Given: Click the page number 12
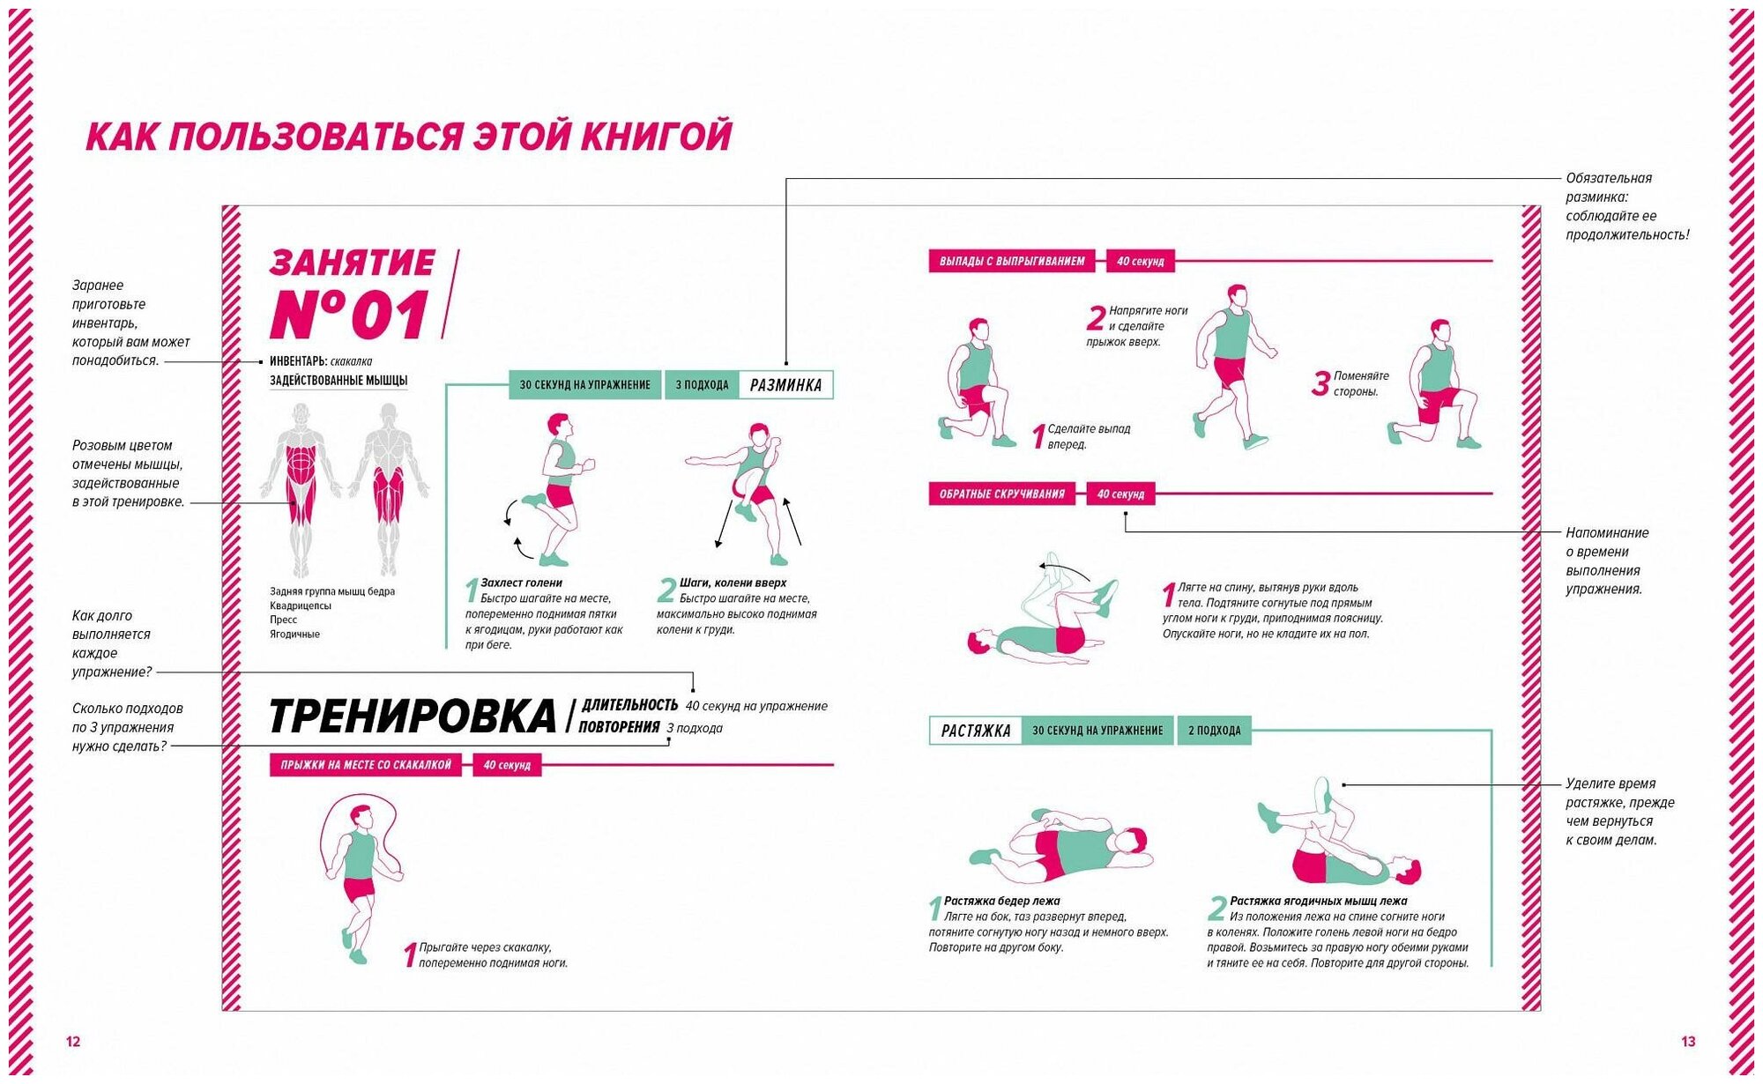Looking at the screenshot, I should pyautogui.click(x=73, y=1042).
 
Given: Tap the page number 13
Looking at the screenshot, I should pyautogui.click(x=1688, y=1042).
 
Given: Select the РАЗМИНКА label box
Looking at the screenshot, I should pyautogui.click(x=785, y=385).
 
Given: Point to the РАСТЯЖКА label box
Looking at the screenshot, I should pyautogui.click(x=976, y=731).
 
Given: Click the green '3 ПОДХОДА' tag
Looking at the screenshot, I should pyautogui.click(x=702, y=385).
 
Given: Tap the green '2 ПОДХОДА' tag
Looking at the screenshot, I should pyautogui.click(x=1214, y=731).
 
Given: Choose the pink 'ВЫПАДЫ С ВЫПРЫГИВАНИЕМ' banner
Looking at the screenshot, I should pyautogui.click(x=1012, y=261).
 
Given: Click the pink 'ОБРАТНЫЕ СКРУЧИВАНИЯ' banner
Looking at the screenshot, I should pyautogui.click(x=1002, y=494).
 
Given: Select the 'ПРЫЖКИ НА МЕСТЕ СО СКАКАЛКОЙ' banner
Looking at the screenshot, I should pyautogui.click(x=366, y=765).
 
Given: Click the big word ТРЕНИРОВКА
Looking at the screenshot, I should pyautogui.click(x=413, y=716).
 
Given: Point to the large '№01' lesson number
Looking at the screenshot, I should pyautogui.click(x=350, y=314).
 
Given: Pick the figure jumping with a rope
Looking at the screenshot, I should pyautogui.click(x=359, y=877).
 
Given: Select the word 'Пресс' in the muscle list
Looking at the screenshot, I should pyautogui.click(x=283, y=620).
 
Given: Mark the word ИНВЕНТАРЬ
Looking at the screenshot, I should pyautogui.click(x=298, y=361).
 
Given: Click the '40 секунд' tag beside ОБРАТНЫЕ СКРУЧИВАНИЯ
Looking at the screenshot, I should pyautogui.click(x=1120, y=494).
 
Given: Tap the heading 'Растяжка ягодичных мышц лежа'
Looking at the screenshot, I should pyautogui.click(x=1318, y=901).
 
